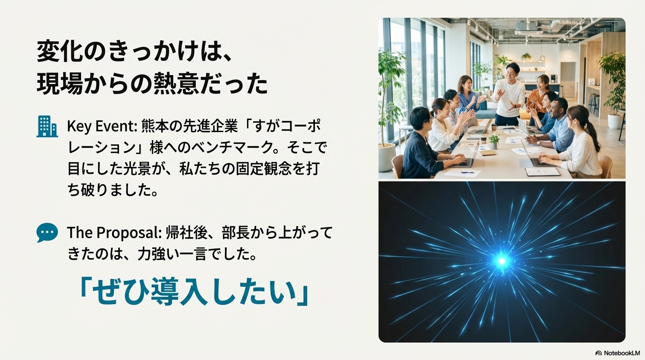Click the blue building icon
47,126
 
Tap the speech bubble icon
47,232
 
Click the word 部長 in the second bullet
232,232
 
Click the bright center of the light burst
502,261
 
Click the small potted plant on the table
494,141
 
